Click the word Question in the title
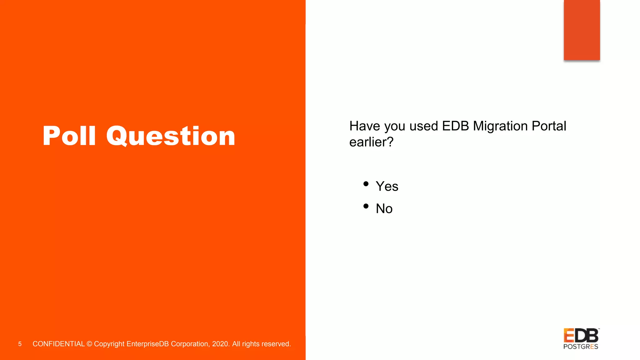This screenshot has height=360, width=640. click(x=171, y=136)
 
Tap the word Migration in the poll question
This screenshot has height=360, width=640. click(x=500, y=126)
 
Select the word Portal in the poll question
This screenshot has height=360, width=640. click(x=549, y=126)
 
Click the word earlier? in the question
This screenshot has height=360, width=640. click(x=371, y=142)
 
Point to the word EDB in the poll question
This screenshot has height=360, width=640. click(x=455, y=126)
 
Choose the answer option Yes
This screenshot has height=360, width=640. click(x=387, y=187)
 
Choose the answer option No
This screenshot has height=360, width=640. click(x=384, y=209)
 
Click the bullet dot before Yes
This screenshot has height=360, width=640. click(x=366, y=184)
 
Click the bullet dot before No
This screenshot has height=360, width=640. click(x=366, y=206)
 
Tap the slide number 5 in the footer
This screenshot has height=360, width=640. click(x=20, y=344)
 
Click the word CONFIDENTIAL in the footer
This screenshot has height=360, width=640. click(x=58, y=344)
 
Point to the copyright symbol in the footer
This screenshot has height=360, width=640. click(x=89, y=344)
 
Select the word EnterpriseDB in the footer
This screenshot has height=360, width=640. click(x=147, y=344)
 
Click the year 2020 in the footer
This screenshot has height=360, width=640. click(x=220, y=344)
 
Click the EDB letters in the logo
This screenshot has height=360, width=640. click(x=581, y=336)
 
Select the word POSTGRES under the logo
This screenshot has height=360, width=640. click(x=581, y=347)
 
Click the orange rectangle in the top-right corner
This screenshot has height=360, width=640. click(x=582, y=30)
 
